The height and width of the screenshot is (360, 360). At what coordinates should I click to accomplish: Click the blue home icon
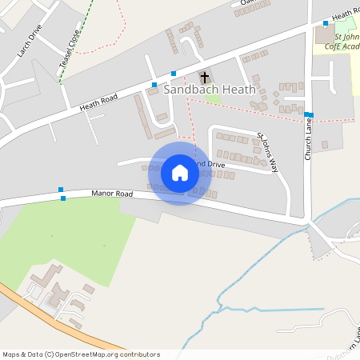click(x=180, y=173)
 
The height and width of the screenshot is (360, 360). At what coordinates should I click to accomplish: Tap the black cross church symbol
click(x=204, y=78)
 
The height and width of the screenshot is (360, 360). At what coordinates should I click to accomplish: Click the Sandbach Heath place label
click(x=210, y=90)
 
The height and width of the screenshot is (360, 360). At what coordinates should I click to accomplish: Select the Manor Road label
click(x=112, y=194)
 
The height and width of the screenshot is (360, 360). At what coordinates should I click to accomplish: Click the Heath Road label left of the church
click(x=98, y=102)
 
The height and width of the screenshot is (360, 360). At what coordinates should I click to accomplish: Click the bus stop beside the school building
click(x=325, y=23)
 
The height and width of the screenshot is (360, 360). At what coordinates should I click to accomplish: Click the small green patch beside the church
click(x=213, y=99)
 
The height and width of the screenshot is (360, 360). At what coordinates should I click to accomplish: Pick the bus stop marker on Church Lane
click(x=309, y=115)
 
